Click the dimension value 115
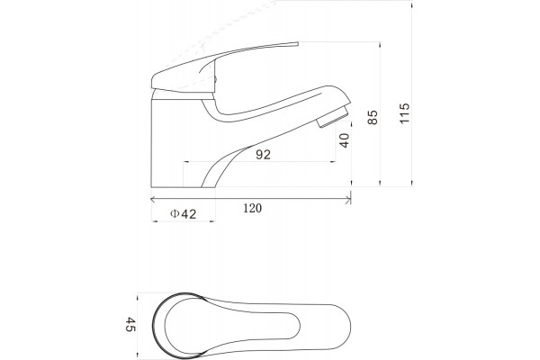point(405,113)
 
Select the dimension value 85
point(373,118)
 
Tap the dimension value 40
point(344,140)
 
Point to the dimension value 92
point(263,155)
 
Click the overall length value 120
point(252,208)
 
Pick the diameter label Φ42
point(184,214)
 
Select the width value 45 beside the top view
point(130,324)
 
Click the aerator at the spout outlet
point(333,118)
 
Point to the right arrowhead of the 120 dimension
point(348,199)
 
